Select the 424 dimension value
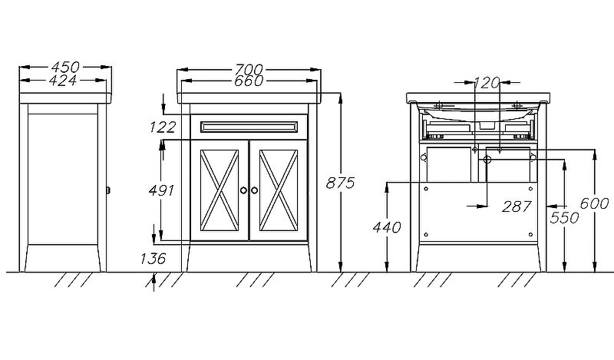tap(65, 80)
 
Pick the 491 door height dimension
tap(162, 190)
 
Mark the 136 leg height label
tap(153, 258)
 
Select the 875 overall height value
tap(340, 183)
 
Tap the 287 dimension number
tap(515, 206)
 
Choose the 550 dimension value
tap(565, 219)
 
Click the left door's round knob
tap(243, 190)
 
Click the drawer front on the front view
tap(249, 127)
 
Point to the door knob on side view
tap(107, 190)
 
